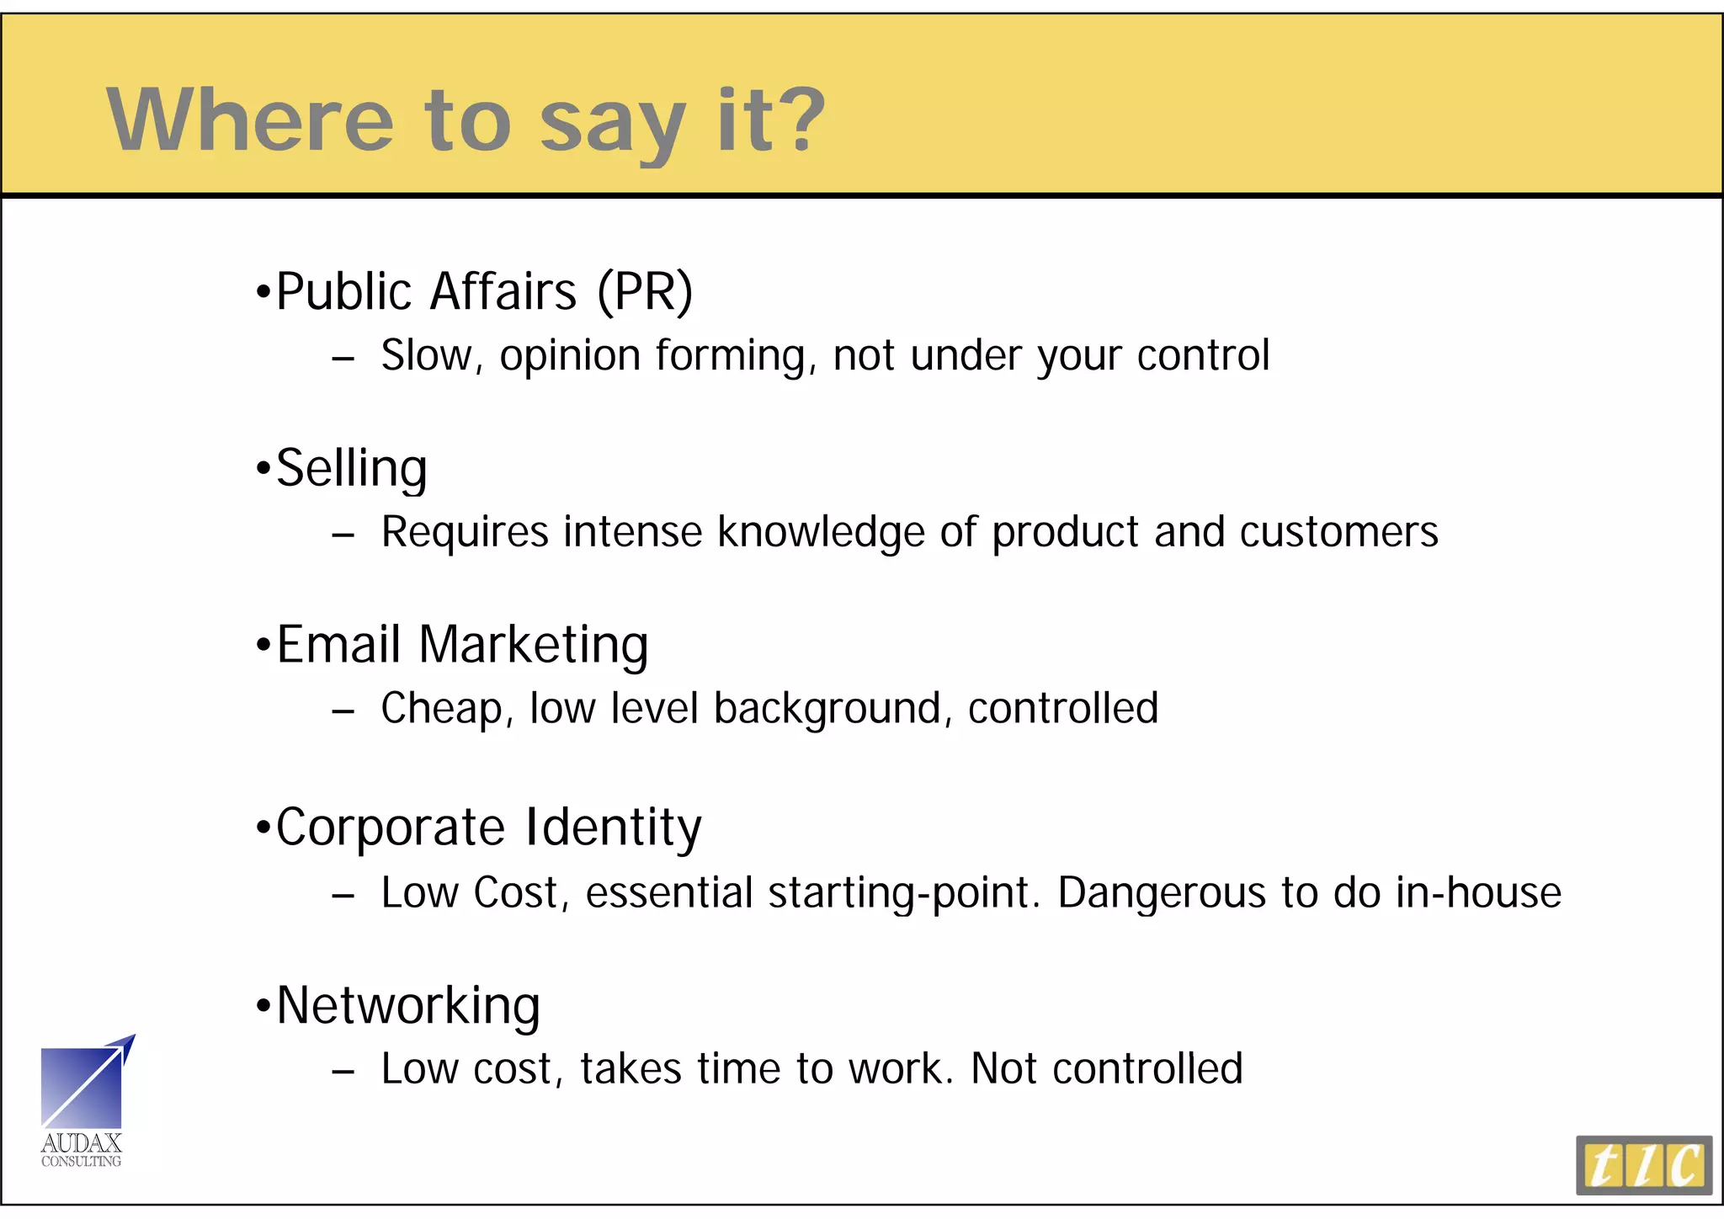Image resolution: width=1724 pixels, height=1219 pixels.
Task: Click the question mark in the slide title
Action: pos(796,120)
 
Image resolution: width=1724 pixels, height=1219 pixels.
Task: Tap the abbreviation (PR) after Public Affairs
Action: pos(645,292)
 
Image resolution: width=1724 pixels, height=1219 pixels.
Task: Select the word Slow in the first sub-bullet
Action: pos(427,355)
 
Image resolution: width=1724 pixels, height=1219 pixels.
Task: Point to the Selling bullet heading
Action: pos(352,468)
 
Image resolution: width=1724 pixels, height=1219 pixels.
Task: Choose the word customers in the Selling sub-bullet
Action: pos(1338,533)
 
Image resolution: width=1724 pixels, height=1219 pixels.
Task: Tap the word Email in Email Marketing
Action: pos(338,645)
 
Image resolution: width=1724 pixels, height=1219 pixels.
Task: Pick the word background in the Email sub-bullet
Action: pos(827,709)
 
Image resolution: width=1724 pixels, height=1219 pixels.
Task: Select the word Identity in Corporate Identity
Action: pos(613,827)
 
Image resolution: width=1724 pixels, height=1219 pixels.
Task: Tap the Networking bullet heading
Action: pos(408,1005)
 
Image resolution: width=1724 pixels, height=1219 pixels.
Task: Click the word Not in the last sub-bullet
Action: pos(1003,1069)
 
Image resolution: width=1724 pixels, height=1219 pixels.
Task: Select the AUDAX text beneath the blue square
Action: pos(82,1143)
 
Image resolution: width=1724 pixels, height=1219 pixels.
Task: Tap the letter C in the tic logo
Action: pos(1686,1166)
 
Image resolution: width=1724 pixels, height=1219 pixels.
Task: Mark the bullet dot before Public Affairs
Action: pos(263,293)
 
